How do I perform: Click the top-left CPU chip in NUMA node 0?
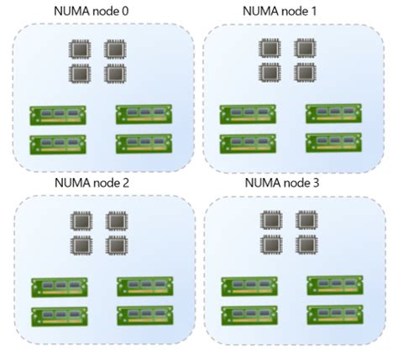pyautogui.click(x=81, y=50)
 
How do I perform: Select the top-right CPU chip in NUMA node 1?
pyautogui.click(x=304, y=50)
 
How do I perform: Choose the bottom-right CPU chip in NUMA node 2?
pyautogui.click(x=116, y=246)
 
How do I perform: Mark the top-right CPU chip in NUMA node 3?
pyautogui.click(x=306, y=222)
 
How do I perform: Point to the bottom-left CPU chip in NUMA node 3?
pyautogui.click(x=271, y=245)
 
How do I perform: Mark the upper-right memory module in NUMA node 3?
pyautogui.click(x=334, y=285)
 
